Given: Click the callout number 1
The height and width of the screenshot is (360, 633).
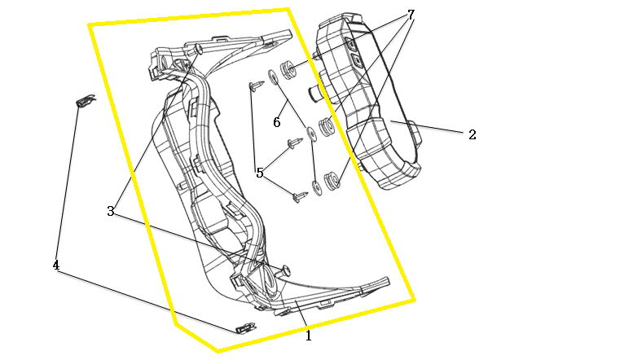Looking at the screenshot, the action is (x=309, y=336).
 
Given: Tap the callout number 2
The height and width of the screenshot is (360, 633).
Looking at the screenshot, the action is (x=473, y=135).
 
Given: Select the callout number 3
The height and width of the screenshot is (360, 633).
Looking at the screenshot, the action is (x=111, y=211).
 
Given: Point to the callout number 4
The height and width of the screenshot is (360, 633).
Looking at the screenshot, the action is (x=56, y=266).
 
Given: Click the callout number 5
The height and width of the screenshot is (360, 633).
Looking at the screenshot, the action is (x=260, y=173).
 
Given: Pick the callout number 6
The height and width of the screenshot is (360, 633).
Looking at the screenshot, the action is (x=276, y=122).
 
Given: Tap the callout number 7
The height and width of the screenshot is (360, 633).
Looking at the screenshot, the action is (x=411, y=15).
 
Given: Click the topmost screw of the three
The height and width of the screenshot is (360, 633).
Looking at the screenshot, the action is (x=256, y=86).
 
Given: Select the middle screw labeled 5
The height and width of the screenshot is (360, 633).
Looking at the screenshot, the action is (x=295, y=143).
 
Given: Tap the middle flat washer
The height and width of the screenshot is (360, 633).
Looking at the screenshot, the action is (x=312, y=134).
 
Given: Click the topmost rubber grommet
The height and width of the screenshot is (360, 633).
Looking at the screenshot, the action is (x=289, y=68).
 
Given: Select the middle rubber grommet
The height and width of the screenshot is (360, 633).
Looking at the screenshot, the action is (x=326, y=127).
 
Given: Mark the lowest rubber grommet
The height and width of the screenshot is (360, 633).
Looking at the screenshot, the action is (x=332, y=181).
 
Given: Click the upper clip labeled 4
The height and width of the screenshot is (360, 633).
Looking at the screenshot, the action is (x=86, y=100).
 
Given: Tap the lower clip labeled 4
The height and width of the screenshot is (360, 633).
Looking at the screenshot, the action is (x=245, y=327).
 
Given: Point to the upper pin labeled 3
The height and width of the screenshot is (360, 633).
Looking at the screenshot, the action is (x=197, y=49).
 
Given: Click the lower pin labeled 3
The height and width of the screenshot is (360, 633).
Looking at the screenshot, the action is (x=284, y=270).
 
